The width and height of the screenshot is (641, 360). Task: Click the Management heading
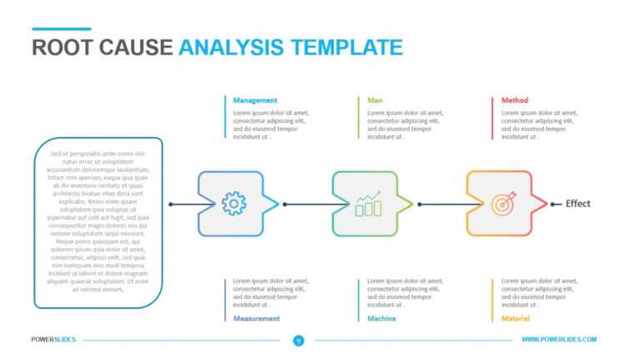[x=255, y=100]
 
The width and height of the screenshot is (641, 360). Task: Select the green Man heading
[x=376, y=100]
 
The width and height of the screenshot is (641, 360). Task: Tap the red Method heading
[x=515, y=100]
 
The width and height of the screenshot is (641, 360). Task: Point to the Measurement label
[x=257, y=318]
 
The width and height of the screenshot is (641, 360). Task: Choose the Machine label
[x=382, y=318]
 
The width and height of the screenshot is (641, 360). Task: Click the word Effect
[x=578, y=204]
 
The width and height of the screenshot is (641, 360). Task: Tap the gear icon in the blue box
[x=234, y=203]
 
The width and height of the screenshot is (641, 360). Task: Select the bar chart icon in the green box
[x=368, y=204]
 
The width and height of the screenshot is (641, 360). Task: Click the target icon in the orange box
[x=502, y=204]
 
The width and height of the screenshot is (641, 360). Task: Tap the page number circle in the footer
[x=298, y=340]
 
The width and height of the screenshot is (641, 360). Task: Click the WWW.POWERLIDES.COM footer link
[x=558, y=339]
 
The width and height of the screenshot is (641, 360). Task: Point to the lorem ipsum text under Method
[x=539, y=124]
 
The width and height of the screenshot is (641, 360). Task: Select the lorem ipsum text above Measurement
[x=270, y=292]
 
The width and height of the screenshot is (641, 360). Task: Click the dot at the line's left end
[x=170, y=204]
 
